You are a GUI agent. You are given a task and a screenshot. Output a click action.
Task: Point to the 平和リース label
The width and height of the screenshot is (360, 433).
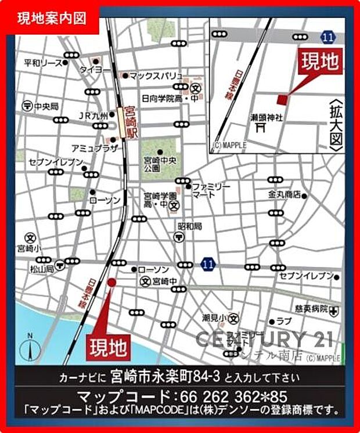(42, 62)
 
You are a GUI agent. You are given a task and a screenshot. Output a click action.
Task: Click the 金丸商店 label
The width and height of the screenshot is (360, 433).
(285, 194)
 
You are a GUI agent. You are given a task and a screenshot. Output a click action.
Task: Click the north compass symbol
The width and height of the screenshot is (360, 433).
(30, 348)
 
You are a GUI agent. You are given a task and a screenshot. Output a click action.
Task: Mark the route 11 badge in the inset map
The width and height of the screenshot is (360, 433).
(329, 37)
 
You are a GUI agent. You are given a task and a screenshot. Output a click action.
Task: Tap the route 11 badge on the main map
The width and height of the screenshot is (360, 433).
(207, 265)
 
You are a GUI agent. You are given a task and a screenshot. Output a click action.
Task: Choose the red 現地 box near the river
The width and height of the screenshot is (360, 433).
(109, 348)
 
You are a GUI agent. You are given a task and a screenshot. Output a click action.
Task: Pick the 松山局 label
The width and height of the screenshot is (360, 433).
(42, 269)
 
